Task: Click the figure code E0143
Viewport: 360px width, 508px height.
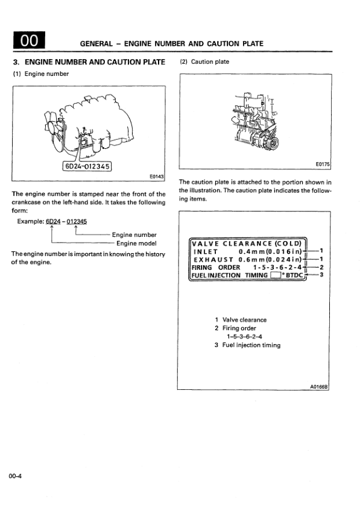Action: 156,177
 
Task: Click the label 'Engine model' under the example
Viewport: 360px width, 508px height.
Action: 136,243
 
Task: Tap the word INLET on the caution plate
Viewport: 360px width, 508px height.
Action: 206,251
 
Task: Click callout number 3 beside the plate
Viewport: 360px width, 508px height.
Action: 322,275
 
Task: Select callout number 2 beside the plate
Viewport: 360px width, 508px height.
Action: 322,267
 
